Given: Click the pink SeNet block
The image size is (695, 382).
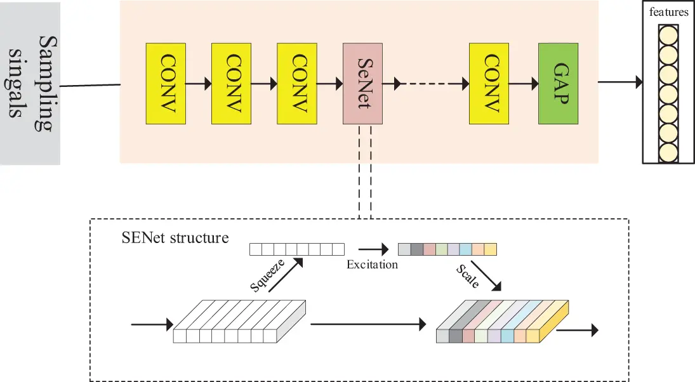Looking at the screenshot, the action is click(362, 83).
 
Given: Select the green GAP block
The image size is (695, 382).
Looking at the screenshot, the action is click(558, 83).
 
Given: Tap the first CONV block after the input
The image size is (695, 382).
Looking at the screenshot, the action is click(166, 83).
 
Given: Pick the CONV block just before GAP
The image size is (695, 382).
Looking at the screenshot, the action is click(489, 83).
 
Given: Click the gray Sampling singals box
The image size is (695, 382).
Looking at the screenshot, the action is click(30, 83).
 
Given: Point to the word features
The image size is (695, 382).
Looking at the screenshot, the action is click(668, 12).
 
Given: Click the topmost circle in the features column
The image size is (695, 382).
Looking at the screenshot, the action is click(668, 35).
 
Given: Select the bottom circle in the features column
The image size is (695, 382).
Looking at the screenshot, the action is click(668, 153).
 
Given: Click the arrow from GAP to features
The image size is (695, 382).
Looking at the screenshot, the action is click(620, 82).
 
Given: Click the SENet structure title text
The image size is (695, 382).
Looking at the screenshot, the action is click(175, 238).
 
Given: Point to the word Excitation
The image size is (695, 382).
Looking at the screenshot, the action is click(373, 265).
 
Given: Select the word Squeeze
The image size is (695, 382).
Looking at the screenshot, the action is click(267, 276).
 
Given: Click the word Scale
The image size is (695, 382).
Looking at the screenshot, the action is click(468, 277).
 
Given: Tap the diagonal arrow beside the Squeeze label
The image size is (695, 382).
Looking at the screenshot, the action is click(286, 275).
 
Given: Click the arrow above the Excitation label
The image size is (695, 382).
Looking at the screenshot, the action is click(373, 249).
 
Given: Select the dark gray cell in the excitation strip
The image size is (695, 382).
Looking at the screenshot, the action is click(416, 249).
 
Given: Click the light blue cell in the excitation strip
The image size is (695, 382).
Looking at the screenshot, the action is click(466, 249).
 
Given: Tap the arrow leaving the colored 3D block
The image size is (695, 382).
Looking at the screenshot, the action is click(578, 330).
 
